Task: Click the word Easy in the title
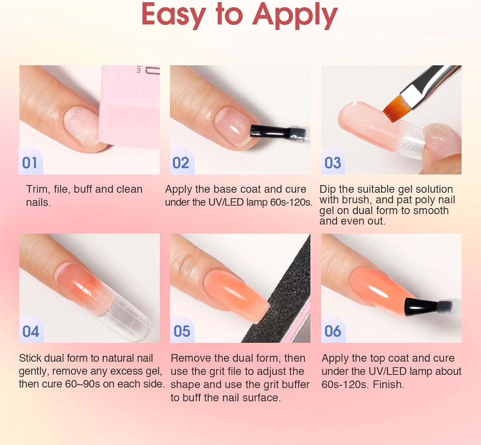pyautogui.click(x=173, y=15)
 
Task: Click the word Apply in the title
pyautogui.click(x=295, y=15)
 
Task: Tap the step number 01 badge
pyautogui.click(x=30, y=163)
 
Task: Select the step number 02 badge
pyautogui.click(x=181, y=163)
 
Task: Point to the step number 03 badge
pyautogui.click(x=333, y=163)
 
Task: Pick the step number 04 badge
pyautogui.click(x=31, y=331)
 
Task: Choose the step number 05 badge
pyautogui.click(x=182, y=331)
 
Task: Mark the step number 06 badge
pyautogui.click(x=333, y=331)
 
